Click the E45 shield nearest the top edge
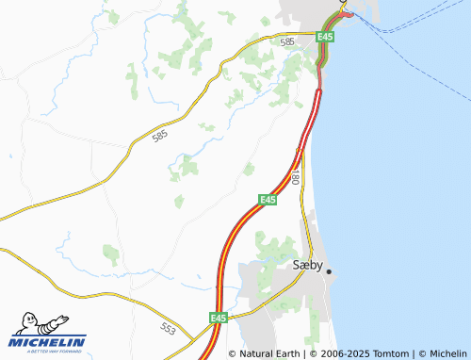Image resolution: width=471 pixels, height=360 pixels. [325, 36]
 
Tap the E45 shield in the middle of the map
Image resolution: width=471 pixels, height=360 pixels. [268, 199]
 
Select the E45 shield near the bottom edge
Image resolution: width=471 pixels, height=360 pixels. [219, 318]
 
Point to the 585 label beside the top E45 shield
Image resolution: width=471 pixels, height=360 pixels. [287, 42]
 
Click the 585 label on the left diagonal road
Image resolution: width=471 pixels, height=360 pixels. [160, 138]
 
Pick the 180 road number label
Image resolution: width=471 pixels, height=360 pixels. [295, 176]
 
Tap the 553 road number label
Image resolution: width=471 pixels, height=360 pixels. [168, 329]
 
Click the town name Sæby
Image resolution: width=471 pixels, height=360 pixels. [308, 266]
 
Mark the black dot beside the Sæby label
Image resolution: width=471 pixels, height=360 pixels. [329, 271]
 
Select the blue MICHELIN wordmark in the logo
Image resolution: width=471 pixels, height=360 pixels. [48, 342]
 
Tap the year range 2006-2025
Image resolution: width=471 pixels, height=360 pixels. [338, 353]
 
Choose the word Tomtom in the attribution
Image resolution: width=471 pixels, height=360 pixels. [387, 353]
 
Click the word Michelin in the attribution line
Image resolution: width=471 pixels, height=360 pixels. [447, 353]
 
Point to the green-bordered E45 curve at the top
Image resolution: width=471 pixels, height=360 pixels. [329, 25]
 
